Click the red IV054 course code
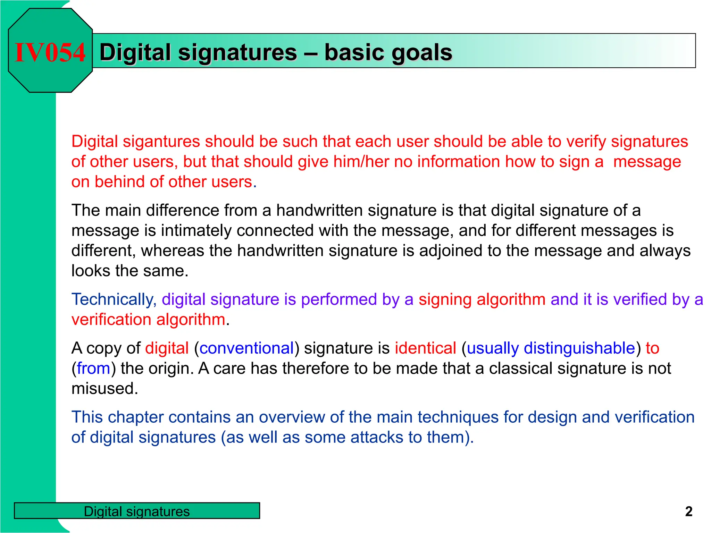click(x=50, y=52)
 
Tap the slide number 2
click(x=689, y=511)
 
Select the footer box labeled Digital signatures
click(x=137, y=511)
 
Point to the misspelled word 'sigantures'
click(x=161, y=142)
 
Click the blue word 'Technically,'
click(x=114, y=299)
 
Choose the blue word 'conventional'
click(x=246, y=348)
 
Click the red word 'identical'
click(x=425, y=348)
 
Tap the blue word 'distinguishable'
click(x=579, y=348)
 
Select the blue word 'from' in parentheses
click(x=93, y=368)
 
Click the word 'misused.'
click(x=105, y=389)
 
